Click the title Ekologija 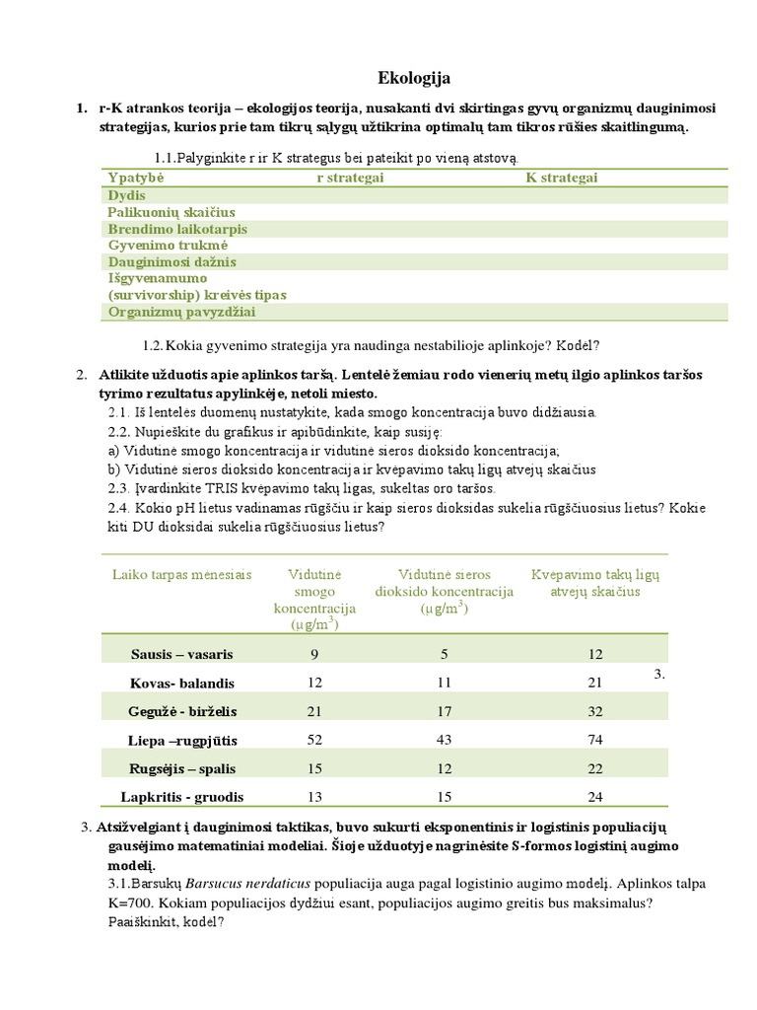414,78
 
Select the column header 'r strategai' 350,178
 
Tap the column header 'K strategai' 561,178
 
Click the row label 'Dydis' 125,195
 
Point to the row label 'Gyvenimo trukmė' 168,245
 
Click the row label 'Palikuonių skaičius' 171,212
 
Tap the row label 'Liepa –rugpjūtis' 184,740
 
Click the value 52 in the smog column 314,740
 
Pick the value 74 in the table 594,740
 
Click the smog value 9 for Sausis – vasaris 314,654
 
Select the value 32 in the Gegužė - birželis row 594,711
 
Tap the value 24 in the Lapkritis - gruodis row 594,797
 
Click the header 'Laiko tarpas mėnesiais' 181,575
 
